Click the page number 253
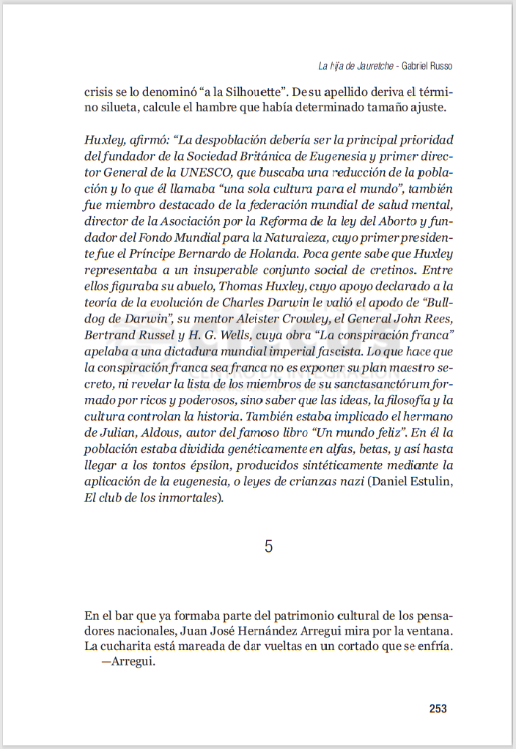click(438, 709)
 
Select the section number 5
click(269, 546)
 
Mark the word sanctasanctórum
click(359, 384)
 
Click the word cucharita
click(128, 646)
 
